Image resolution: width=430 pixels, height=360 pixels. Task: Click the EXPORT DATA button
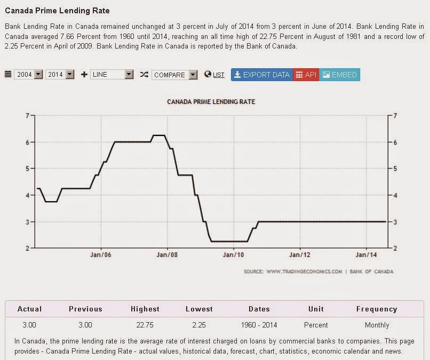point(261,75)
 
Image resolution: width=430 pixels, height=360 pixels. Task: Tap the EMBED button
point(339,75)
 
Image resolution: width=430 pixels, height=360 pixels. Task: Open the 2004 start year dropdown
point(29,75)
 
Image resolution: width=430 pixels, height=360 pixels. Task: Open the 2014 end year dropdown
point(60,75)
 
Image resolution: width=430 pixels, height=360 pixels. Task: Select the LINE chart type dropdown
point(112,75)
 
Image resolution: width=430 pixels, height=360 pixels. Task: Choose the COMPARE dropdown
point(174,75)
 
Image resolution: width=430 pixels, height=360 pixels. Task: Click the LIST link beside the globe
point(219,75)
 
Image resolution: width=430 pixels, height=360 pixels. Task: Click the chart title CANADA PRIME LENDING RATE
point(211,101)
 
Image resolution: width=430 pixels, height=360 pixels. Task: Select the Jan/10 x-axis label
point(233,255)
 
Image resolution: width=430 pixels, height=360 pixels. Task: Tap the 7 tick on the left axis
point(27,115)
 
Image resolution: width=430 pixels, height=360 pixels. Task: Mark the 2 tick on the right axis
point(395,248)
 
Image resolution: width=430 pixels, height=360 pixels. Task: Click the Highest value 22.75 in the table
point(145,325)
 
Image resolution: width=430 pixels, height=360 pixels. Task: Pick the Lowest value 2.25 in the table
point(199,325)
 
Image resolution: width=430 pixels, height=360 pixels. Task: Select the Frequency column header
point(377,309)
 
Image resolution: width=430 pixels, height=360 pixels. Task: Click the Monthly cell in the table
point(377,325)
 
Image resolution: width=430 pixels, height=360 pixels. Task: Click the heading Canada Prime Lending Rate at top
point(58,10)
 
